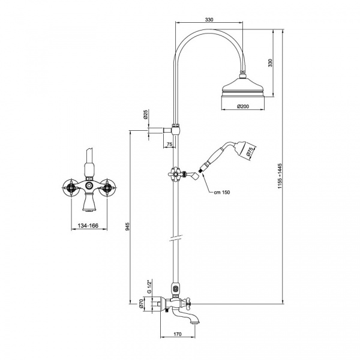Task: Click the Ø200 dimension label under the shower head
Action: tap(243, 106)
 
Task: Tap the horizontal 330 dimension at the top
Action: tap(209, 20)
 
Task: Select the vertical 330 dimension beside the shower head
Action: tap(270, 62)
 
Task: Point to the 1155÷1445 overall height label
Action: tap(280, 176)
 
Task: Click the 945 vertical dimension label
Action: tap(128, 226)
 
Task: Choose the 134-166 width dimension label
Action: tap(88, 226)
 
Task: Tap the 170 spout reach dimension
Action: tap(178, 334)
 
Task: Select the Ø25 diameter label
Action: tap(145, 115)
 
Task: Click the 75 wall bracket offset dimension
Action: tap(169, 144)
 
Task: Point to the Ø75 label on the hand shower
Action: tap(250, 152)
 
